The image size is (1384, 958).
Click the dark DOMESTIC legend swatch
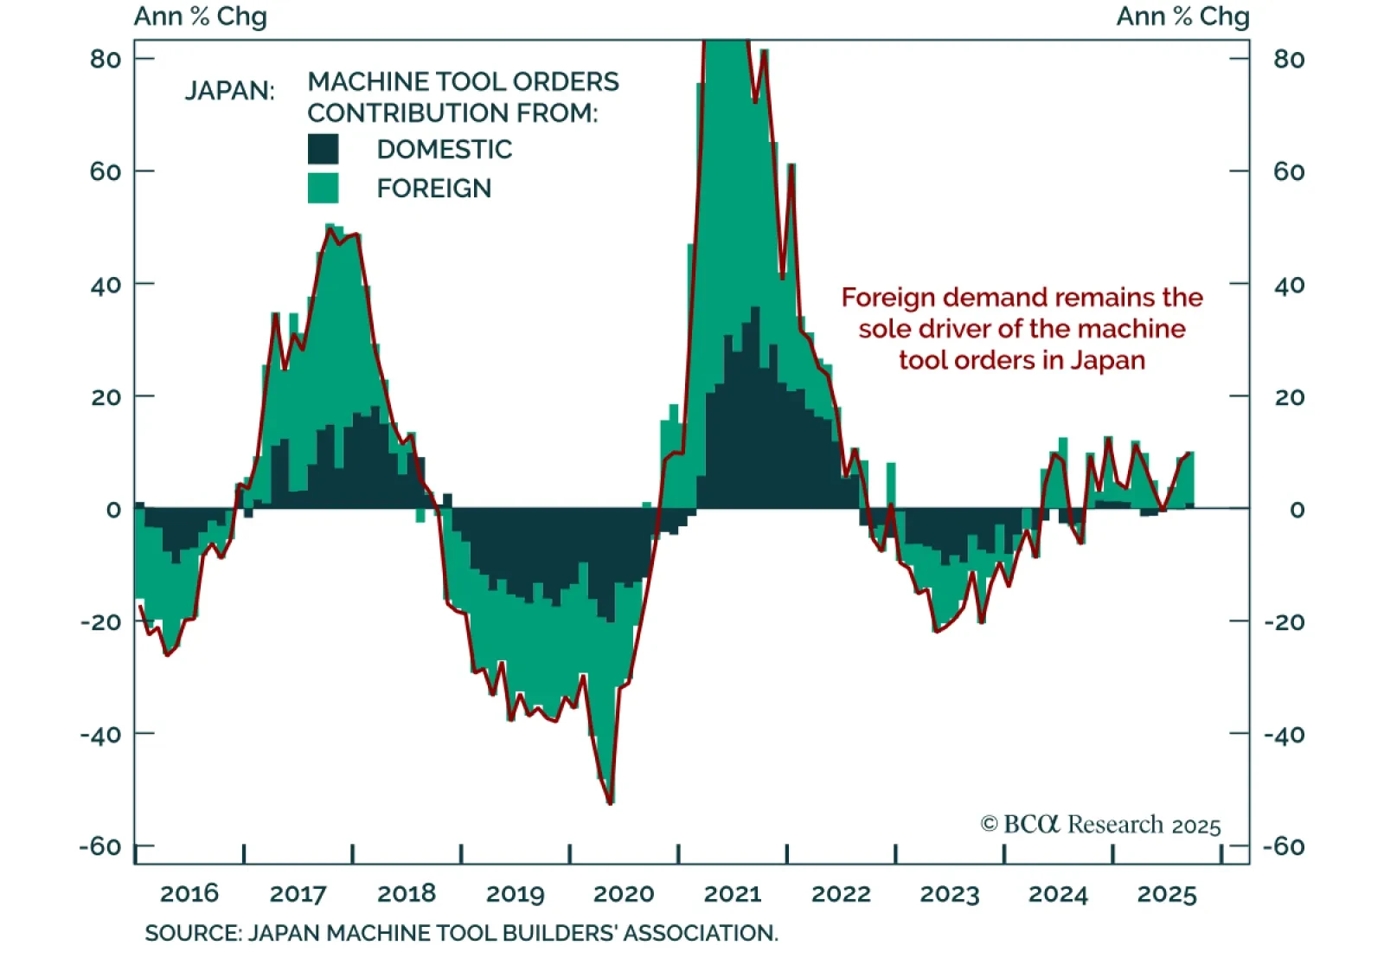pyautogui.click(x=323, y=149)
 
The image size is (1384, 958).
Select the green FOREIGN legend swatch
pyautogui.click(x=323, y=188)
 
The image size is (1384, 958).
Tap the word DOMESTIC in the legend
pyautogui.click(x=444, y=149)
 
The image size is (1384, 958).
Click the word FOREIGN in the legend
pyautogui.click(x=433, y=188)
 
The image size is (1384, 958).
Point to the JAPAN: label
pyautogui.click(x=229, y=90)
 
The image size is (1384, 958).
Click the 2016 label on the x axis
pyautogui.click(x=189, y=894)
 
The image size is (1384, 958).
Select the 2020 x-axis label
pyautogui.click(x=624, y=894)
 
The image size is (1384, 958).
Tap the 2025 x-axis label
pyautogui.click(x=1166, y=894)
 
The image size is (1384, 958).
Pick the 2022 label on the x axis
pyautogui.click(x=841, y=894)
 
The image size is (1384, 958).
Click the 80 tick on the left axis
pyautogui.click(x=106, y=59)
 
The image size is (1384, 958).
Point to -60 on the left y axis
pyautogui.click(x=100, y=845)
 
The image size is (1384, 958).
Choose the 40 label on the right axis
pyautogui.click(x=1289, y=285)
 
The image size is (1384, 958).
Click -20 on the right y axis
pyautogui.click(x=1284, y=621)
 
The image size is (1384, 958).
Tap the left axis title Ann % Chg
pyautogui.click(x=201, y=16)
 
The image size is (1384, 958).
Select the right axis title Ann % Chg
pyautogui.click(x=1182, y=16)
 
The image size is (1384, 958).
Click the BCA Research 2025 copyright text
pyautogui.click(x=1100, y=824)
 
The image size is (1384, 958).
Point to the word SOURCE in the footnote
pyautogui.click(x=192, y=933)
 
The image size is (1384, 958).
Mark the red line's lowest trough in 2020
pyautogui.click(x=611, y=803)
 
